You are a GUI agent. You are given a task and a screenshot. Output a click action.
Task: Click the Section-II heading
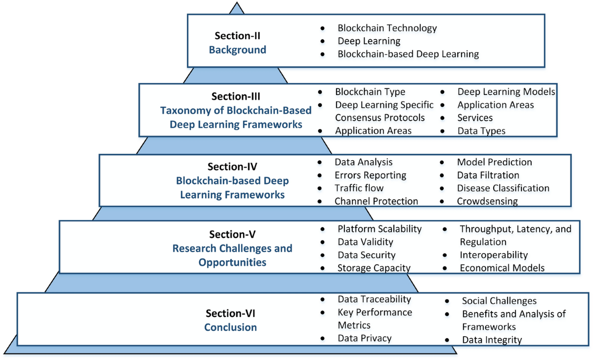tap(237, 36)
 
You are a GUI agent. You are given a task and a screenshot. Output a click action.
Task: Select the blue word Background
tap(237, 50)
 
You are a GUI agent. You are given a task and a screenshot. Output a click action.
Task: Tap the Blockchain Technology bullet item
tap(387, 28)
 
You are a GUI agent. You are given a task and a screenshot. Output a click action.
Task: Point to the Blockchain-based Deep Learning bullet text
tap(408, 54)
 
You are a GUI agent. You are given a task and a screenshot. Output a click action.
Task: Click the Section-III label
tap(235, 96)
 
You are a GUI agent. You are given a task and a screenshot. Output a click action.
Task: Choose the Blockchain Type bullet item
tap(370, 92)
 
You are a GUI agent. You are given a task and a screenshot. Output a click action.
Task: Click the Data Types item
tap(481, 131)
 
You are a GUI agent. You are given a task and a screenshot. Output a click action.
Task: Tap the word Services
tap(475, 118)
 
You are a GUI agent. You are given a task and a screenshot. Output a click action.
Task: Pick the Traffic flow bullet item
tap(359, 188)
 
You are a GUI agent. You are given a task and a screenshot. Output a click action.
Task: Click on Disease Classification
tap(503, 188)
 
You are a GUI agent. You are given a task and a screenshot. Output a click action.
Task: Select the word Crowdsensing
tap(487, 201)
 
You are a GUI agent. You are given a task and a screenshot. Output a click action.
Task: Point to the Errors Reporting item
tap(370, 175)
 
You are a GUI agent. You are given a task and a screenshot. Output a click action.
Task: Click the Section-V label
tap(232, 234)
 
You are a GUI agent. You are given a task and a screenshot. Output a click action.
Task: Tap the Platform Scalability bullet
tap(379, 229)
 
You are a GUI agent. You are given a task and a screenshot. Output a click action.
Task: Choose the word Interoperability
tap(494, 255)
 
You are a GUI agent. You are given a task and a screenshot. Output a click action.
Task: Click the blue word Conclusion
tap(230, 327)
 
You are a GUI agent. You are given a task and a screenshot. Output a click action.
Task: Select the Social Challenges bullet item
tap(499, 301)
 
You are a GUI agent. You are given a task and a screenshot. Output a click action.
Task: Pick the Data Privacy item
tap(364, 338)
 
